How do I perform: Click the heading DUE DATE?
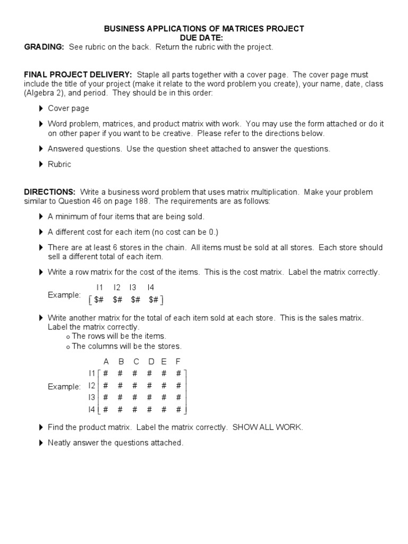(204, 38)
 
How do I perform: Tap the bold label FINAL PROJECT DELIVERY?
(78, 75)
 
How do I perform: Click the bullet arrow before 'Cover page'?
(41, 109)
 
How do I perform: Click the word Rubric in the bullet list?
(59, 164)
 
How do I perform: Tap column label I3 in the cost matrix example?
(133, 287)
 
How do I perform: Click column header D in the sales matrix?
(151, 362)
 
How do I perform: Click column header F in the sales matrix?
(178, 362)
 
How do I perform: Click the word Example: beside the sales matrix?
(64, 387)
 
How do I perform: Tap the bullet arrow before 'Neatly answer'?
(41, 443)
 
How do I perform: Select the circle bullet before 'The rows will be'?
(68, 337)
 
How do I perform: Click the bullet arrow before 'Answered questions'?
(41, 149)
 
